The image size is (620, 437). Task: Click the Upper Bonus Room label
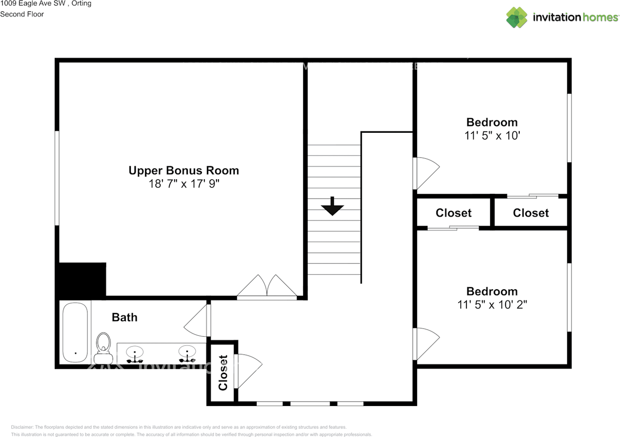184,171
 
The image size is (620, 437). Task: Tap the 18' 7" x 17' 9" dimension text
184,184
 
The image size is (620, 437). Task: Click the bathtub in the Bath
75,332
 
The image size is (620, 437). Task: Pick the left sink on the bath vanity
135,354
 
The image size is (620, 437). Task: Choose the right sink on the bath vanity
187,353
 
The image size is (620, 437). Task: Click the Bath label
124,317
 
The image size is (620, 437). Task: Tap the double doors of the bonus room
266,287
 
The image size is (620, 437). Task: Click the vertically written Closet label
223,373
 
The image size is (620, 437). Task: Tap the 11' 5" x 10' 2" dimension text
492,305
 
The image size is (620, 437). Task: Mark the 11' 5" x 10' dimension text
492,136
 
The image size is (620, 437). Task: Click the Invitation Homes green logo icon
517,17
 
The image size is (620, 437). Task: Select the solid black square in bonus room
81,280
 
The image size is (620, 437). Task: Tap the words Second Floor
22,14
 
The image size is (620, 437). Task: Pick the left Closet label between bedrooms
453,213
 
